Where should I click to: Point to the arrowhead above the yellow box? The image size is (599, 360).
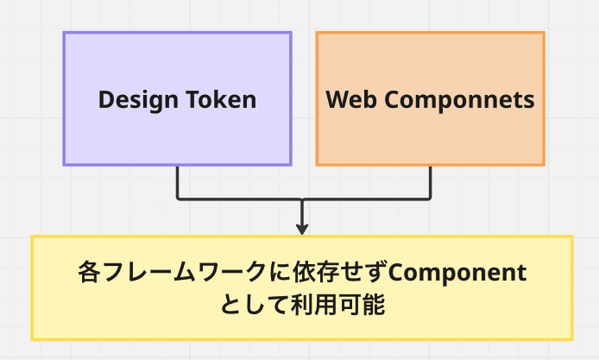pyautogui.click(x=302, y=229)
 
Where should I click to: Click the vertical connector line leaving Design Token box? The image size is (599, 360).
pyautogui.click(x=178, y=181)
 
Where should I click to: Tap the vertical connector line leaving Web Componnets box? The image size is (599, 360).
pyautogui.click(x=430, y=181)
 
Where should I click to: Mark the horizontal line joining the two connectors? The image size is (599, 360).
pyautogui.click(x=242, y=199)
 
